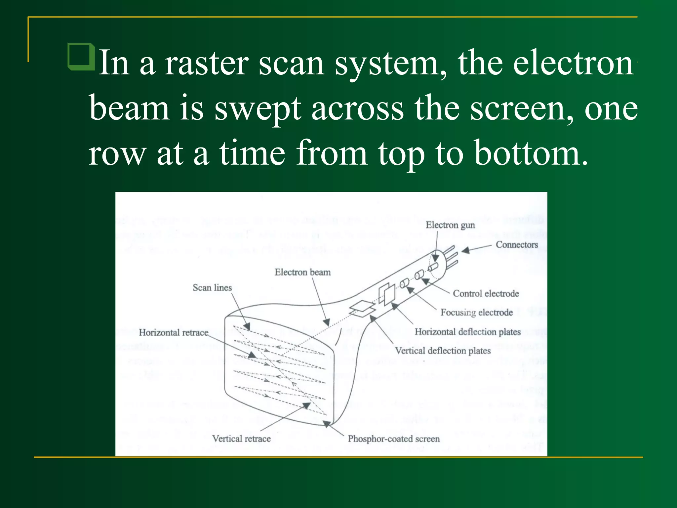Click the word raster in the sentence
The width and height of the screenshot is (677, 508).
(x=206, y=63)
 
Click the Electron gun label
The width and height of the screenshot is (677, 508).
(x=450, y=225)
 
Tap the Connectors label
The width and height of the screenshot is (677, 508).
(x=516, y=245)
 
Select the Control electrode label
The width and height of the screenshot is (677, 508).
(x=486, y=293)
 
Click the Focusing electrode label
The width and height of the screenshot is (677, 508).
(x=476, y=312)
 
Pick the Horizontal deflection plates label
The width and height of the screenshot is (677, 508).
(x=467, y=332)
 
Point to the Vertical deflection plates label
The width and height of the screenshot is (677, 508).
(x=443, y=351)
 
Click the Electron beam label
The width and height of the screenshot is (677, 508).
(x=302, y=272)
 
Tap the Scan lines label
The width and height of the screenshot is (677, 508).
(x=212, y=288)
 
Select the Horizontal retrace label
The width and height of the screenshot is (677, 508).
(x=174, y=332)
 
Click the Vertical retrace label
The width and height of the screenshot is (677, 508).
(x=241, y=439)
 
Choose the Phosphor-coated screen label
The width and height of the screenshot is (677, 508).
(x=393, y=439)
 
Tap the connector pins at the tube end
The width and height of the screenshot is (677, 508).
(x=452, y=256)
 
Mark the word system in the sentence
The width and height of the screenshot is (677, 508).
(x=391, y=63)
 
